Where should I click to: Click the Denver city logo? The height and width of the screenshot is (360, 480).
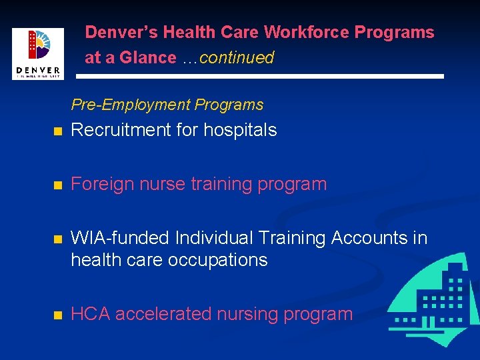tap(37, 53)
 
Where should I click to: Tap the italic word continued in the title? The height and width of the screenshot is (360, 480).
tap(237, 57)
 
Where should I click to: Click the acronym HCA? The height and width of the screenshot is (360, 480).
tap(90, 314)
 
